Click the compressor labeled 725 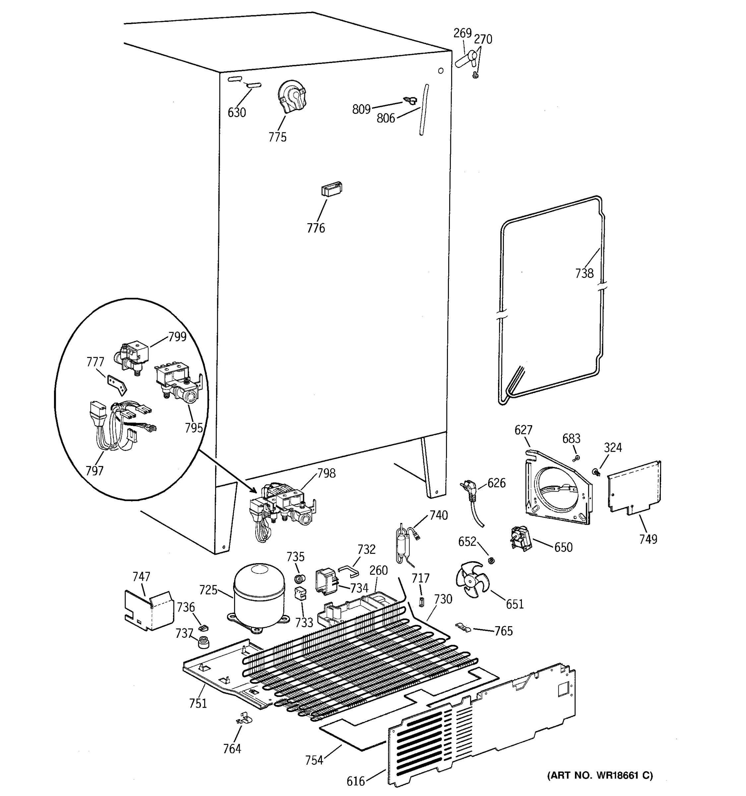(x=259, y=597)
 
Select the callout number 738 (x=584, y=274)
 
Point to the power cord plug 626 (x=469, y=491)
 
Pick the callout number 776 (x=316, y=228)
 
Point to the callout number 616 (x=356, y=781)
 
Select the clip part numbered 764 (x=244, y=719)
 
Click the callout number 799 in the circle (x=177, y=337)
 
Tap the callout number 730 (x=443, y=599)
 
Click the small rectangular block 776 (x=331, y=189)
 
